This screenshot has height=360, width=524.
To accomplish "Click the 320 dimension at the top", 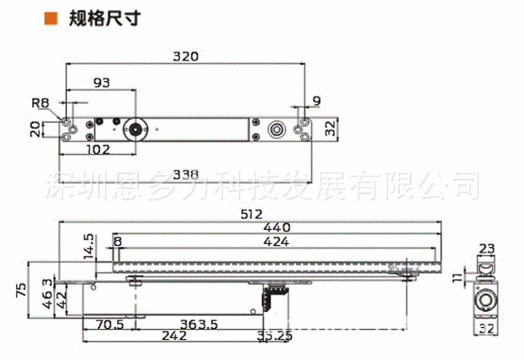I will coord(186,57).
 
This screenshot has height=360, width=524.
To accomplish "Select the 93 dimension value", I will coord(102,83).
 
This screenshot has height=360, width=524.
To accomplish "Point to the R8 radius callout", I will coord(41,103).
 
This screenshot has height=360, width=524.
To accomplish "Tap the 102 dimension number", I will coord(97,149).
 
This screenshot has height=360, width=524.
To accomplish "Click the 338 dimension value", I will coord(186,175).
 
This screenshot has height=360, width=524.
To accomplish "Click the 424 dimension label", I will coord(276,242).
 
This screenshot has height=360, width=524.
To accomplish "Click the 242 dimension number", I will coord(173,337).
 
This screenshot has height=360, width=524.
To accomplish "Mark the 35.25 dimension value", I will coord(274,337).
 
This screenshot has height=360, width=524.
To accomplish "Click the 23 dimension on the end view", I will coord(487,250).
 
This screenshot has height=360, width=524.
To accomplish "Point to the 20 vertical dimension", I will coord(35,128).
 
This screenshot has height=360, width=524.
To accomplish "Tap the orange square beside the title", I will coord(49,17).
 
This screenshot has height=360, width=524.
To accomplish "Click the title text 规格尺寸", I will coord(105,17).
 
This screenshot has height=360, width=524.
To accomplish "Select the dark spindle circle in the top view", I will coord(135,128).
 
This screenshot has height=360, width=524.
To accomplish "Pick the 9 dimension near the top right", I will coord(316,101).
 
